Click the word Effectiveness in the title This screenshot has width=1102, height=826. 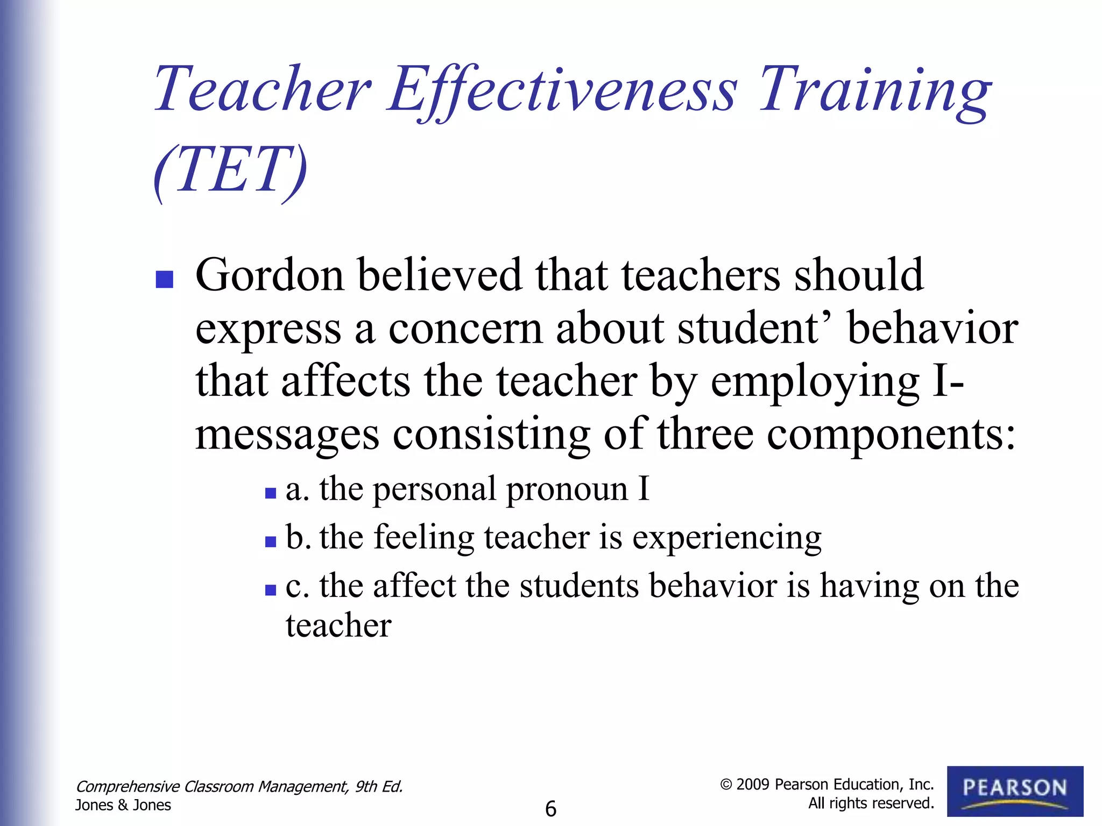562,90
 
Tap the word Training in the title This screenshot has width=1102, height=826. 874,90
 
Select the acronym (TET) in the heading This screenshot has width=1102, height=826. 230,171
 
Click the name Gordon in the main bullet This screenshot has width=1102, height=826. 269,275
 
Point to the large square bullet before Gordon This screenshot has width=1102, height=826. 164,280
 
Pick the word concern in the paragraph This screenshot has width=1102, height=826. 465,329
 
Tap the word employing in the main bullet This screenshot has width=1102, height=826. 815,382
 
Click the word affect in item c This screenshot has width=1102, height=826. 414,586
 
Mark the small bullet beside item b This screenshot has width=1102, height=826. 271,542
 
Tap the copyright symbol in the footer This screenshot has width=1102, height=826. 726,785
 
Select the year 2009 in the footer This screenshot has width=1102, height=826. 753,785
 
